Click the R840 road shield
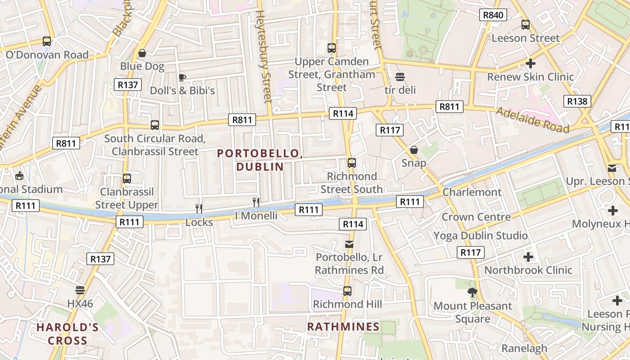click(493, 15)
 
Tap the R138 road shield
click(577, 101)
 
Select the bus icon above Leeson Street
click(525, 25)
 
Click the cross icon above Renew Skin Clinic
click(531, 63)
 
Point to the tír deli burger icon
click(400, 77)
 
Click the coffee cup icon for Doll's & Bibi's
click(182, 77)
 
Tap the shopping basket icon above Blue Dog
click(142, 53)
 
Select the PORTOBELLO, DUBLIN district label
click(260, 160)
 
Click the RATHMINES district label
click(343, 327)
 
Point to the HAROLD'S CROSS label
click(67, 333)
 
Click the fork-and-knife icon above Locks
click(199, 208)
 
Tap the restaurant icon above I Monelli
click(256, 202)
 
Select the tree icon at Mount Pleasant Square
click(472, 293)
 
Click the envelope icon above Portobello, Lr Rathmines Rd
click(349, 244)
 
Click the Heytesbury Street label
click(264, 56)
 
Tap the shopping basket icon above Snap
click(414, 150)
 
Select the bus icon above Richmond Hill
click(347, 291)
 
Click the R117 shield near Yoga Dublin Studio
click(471, 252)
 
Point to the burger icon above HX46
click(80, 290)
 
